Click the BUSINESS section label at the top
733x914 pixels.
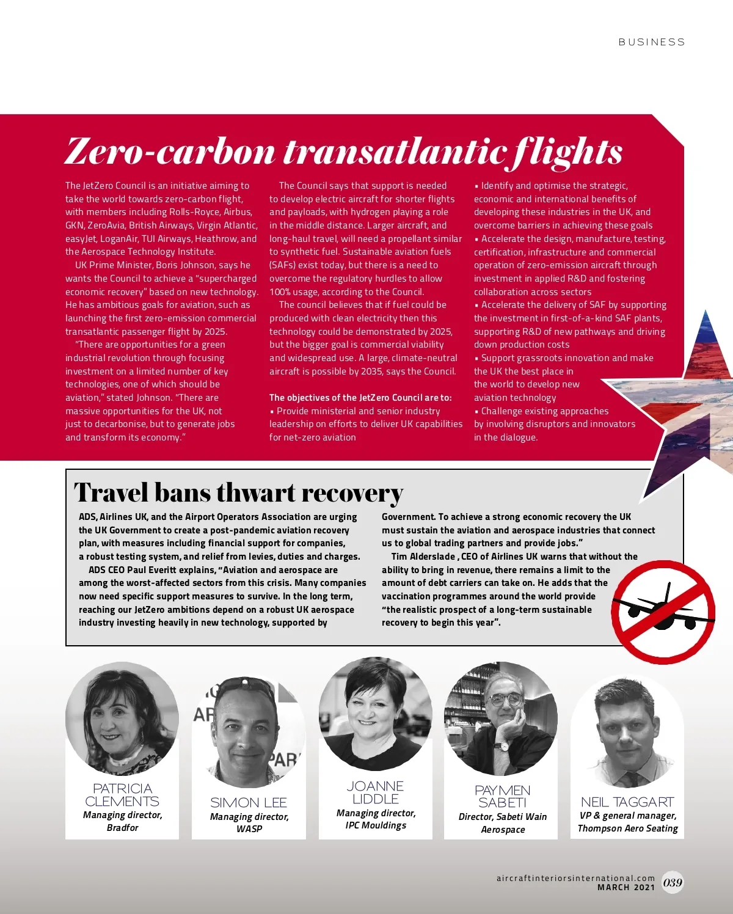click(x=651, y=42)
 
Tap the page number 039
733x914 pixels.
click(x=673, y=882)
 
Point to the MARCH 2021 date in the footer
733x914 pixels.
click(x=625, y=887)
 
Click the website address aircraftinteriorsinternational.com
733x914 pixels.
click(x=575, y=878)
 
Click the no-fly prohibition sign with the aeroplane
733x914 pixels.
click(x=663, y=612)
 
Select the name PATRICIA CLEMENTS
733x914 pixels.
click(x=122, y=795)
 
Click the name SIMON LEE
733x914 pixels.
click(x=249, y=802)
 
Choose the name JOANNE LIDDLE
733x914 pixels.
click(x=376, y=792)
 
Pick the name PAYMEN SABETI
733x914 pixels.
click(x=503, y=796)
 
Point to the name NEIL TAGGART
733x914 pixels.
click(x=627, y=802)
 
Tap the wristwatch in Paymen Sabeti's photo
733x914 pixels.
click(x=502, y=746)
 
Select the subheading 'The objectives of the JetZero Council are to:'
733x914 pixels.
click(x=360, y=397)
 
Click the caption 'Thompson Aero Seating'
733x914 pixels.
click(x=627, y=828)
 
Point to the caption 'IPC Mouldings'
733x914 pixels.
click(x=376, y=825)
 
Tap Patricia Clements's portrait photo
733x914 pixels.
click(x=122, y=718)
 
